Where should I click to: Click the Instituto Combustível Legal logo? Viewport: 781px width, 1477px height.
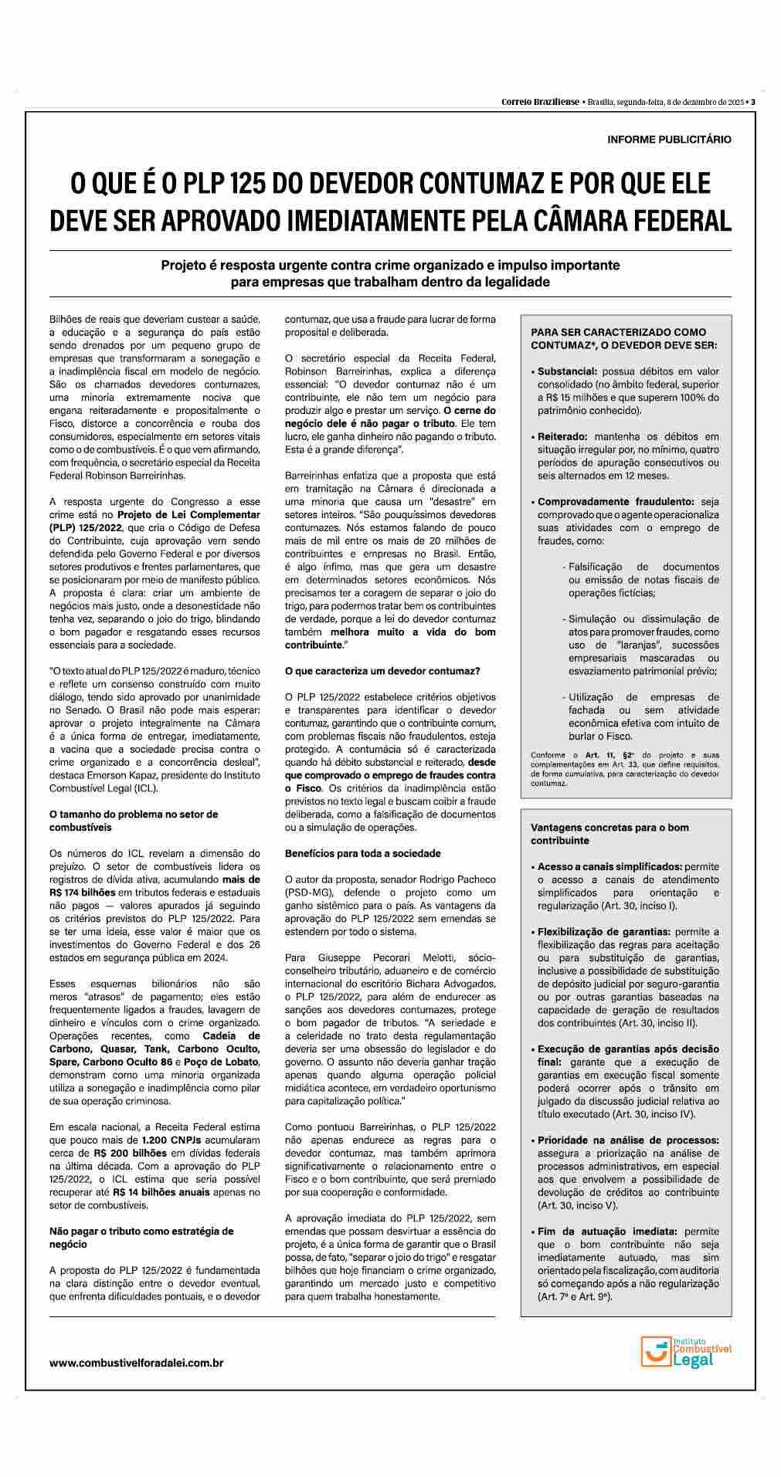pos(685,1350)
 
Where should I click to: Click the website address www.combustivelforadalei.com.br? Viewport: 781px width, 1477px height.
pos(136,1363)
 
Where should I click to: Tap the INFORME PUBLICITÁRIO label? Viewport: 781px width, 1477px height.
pos(669,140)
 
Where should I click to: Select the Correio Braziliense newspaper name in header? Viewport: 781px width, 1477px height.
pos(540,101)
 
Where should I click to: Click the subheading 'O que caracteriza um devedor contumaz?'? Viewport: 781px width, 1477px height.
pos(382,671)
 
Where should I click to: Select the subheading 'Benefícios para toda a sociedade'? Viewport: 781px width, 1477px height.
pos(363,853)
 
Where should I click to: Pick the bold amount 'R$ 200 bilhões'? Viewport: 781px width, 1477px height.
pos(128,1153)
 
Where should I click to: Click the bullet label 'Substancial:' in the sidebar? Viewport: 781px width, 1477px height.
pos(567,371)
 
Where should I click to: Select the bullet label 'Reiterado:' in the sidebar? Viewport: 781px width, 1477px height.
pos(562,436)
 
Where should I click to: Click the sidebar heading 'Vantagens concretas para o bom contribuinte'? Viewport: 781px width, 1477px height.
pos(610,834)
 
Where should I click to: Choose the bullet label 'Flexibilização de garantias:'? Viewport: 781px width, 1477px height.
pos(604,931)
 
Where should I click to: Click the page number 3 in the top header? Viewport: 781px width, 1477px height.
pos(752,101)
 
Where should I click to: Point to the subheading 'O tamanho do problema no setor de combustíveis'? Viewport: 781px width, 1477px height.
pos(133,821)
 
